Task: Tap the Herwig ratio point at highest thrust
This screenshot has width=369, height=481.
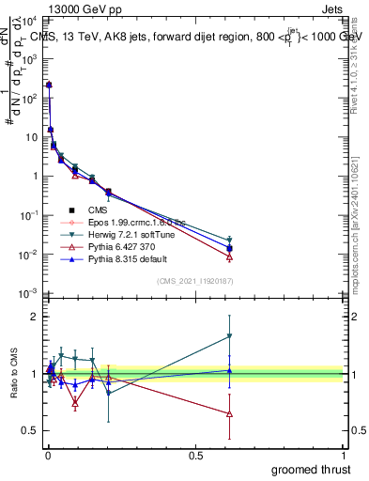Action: [x=229, y=335]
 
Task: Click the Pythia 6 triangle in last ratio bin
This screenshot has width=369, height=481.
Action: [x=229, y=413]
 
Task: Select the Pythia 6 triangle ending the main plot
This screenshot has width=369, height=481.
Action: [x=229, y=256]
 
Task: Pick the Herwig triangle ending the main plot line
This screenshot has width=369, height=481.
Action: [x=229, y=240]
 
